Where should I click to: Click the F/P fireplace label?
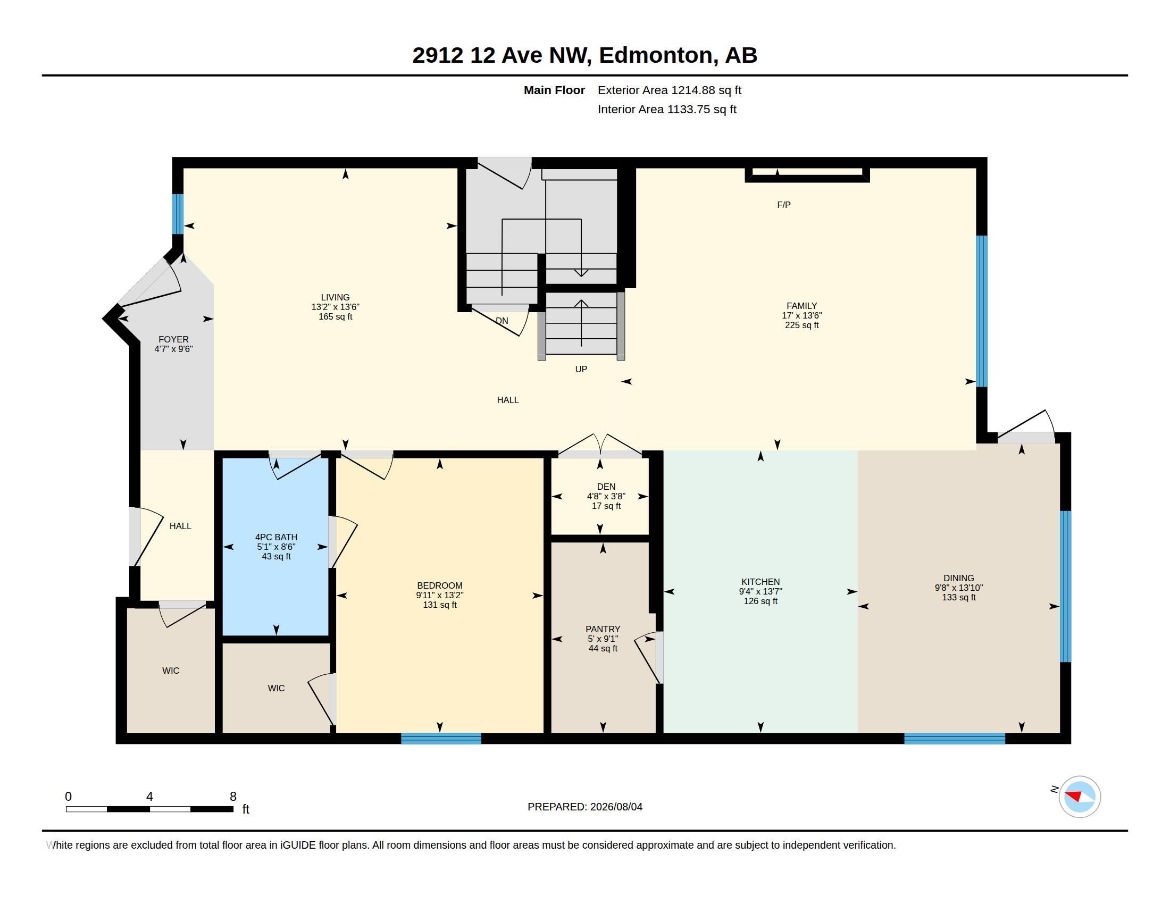tap(784, 205)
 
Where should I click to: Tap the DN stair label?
tap(502, 321)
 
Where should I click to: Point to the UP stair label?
tap(581, 369)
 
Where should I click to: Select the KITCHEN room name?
tap(760, 582)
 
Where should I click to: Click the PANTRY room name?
tap(603, 629)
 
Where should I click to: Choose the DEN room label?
tap(606, 487)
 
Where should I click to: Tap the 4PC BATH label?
tap(277, 537)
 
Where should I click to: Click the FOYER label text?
tap(173, 340)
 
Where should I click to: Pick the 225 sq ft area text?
tap(802, 325)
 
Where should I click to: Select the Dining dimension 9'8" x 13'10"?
tap(959, 588)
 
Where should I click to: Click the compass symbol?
tap(1080, 797)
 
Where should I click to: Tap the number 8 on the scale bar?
tap(233, 797)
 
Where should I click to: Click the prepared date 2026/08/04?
tap(616, 807)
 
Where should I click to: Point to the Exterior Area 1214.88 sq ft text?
tap(670, 90)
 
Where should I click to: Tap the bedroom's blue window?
tap(441, 739)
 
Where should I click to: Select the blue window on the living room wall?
tap(178, 214)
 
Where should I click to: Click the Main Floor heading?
tap(555, 90)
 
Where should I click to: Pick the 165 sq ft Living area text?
tap(336, 316)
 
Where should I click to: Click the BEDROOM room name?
tap(440, 586)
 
